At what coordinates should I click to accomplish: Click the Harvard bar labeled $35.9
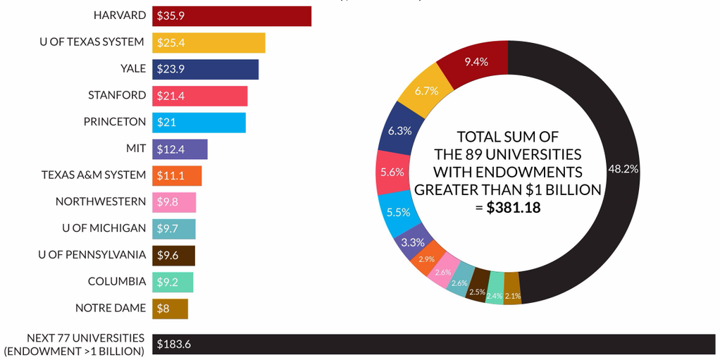231,16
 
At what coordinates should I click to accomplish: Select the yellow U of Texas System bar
209,43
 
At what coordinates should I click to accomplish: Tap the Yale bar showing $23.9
205,69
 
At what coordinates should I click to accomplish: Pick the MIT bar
180,149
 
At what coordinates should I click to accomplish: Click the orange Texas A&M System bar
177,175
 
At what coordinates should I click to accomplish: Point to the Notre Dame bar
170,308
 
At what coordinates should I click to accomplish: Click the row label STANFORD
117,95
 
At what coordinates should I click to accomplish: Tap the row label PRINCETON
115,122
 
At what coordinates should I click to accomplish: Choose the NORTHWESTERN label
101,201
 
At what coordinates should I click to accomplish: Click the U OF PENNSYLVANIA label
92,254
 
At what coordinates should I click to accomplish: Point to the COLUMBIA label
117,281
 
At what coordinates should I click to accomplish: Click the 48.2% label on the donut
622,169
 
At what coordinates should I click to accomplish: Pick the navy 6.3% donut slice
399,131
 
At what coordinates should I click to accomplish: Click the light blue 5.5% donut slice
398,211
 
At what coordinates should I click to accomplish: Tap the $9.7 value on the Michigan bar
168,228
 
